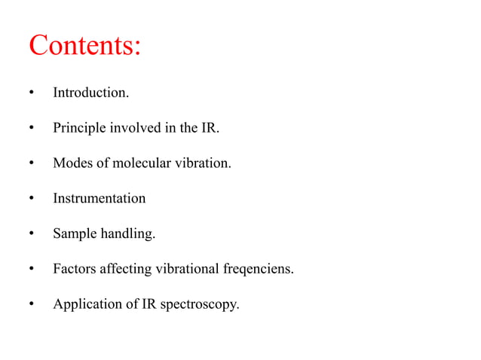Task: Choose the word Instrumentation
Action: click(x=99, y=199)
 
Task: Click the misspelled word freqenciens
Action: click(x=261, y=270)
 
